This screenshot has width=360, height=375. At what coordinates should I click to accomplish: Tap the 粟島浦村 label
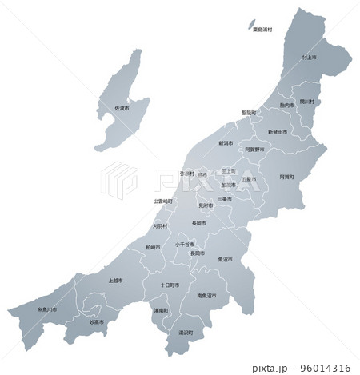coord(262,30)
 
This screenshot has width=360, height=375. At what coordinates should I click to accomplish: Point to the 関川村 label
coord(306,102)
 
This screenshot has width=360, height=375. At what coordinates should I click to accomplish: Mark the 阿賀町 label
coord(287,176)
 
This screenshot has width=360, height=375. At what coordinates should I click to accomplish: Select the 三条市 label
coord(225,198)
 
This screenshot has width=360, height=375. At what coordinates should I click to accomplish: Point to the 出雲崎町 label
coord(164,201)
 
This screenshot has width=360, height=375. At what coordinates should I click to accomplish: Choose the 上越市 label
coord(115,281)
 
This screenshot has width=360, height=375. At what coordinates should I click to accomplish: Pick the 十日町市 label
coord(169,285)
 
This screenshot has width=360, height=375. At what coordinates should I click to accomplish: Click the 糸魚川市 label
coord(47,309)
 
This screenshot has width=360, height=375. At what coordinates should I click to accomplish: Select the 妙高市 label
coord(97,321)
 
